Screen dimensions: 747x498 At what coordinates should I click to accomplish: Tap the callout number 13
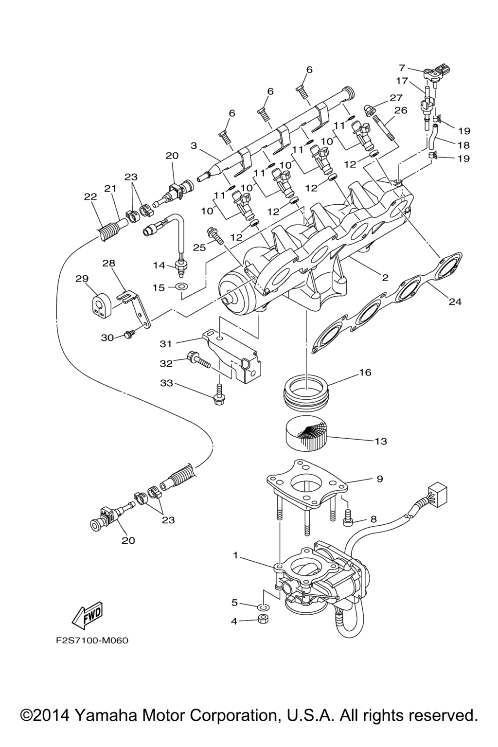381,441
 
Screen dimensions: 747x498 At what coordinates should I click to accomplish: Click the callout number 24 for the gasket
455,302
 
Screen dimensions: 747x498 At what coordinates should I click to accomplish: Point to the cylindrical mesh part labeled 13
305,434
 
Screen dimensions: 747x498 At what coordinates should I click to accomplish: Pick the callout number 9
380,479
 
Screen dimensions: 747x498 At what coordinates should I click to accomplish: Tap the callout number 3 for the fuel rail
194,145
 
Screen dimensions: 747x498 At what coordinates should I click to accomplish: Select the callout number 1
235,555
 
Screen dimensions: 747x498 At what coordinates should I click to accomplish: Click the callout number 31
166,344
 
